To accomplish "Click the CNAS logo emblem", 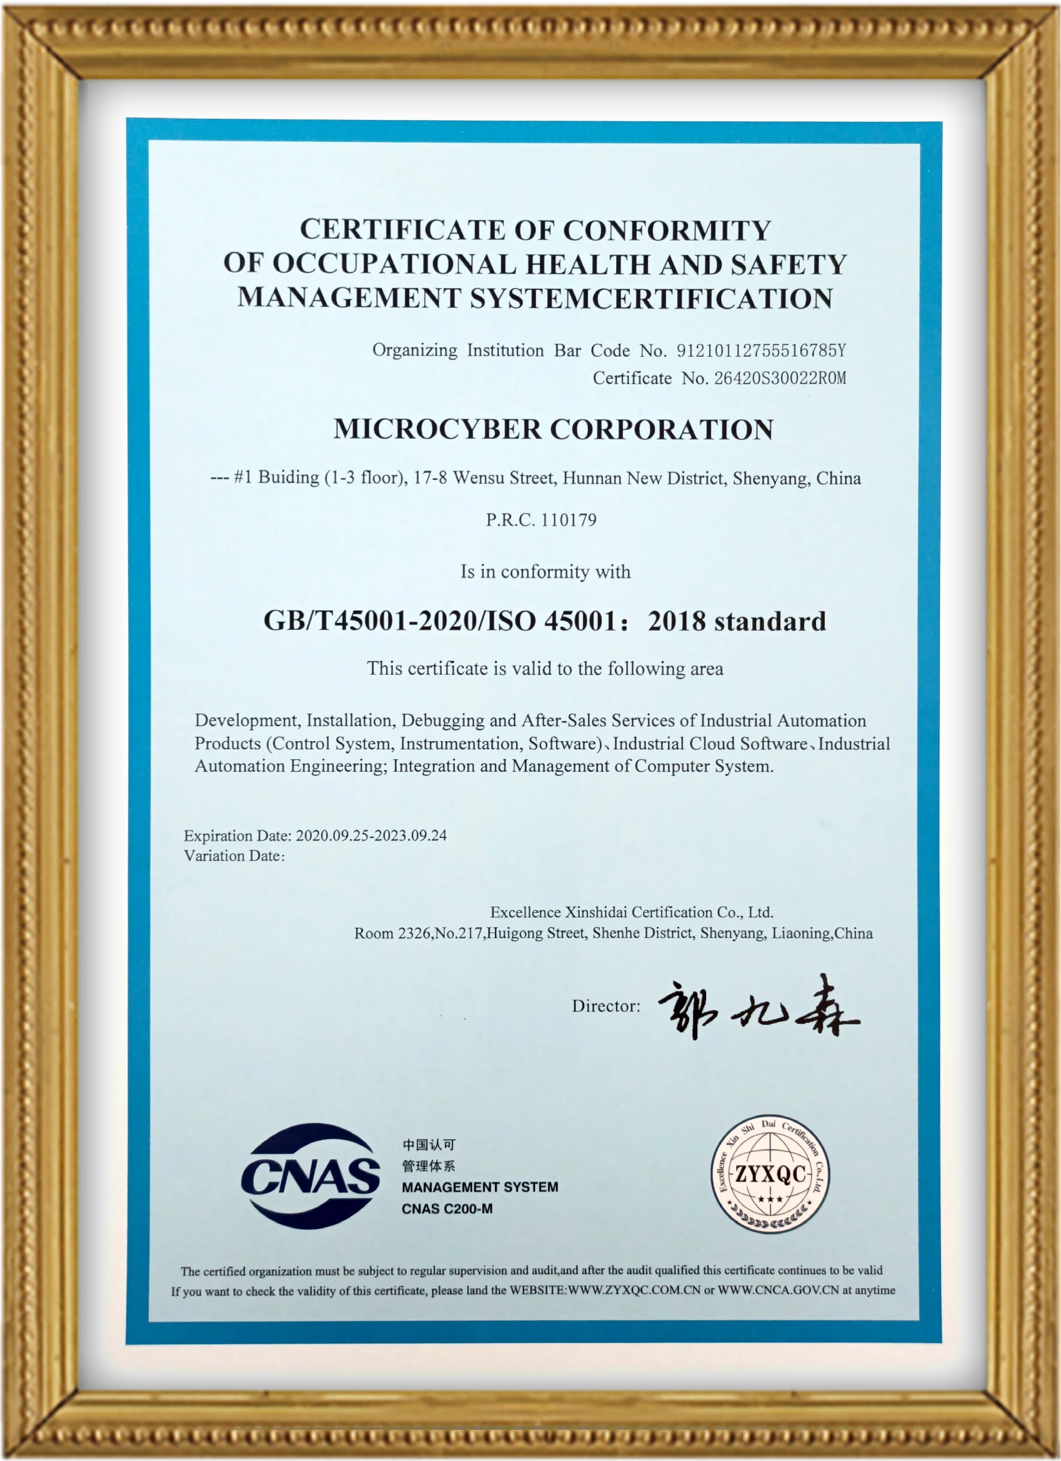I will click(x=311, y=1175).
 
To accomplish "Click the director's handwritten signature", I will click(x=758, y=1006).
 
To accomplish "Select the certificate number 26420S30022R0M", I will click(x=780, y=378).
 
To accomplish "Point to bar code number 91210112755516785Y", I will click(x=761, y=351).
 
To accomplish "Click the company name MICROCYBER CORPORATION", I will click(x=554, y=430).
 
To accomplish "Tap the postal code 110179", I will click(x=569, y=520).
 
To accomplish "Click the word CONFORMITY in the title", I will click(x=667, y=231).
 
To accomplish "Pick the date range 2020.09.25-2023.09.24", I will click(x=371, y=835).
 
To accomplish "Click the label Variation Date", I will click(x=232, y=855).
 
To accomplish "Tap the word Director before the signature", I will click(x=605, y=1006).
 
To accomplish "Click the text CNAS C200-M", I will click(x=447, y=1209).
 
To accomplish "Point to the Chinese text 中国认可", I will click(x=429, y=1145).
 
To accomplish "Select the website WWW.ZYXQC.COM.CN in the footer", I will click(x=634, y=1290).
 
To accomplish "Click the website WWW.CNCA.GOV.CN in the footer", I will click(x=778, y=1290).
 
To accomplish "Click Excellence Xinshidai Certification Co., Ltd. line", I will click(x=631, y=912).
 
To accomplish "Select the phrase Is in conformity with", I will click(x=545, y=572).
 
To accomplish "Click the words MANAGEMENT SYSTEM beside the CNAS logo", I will click(x=480, y=1187).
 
